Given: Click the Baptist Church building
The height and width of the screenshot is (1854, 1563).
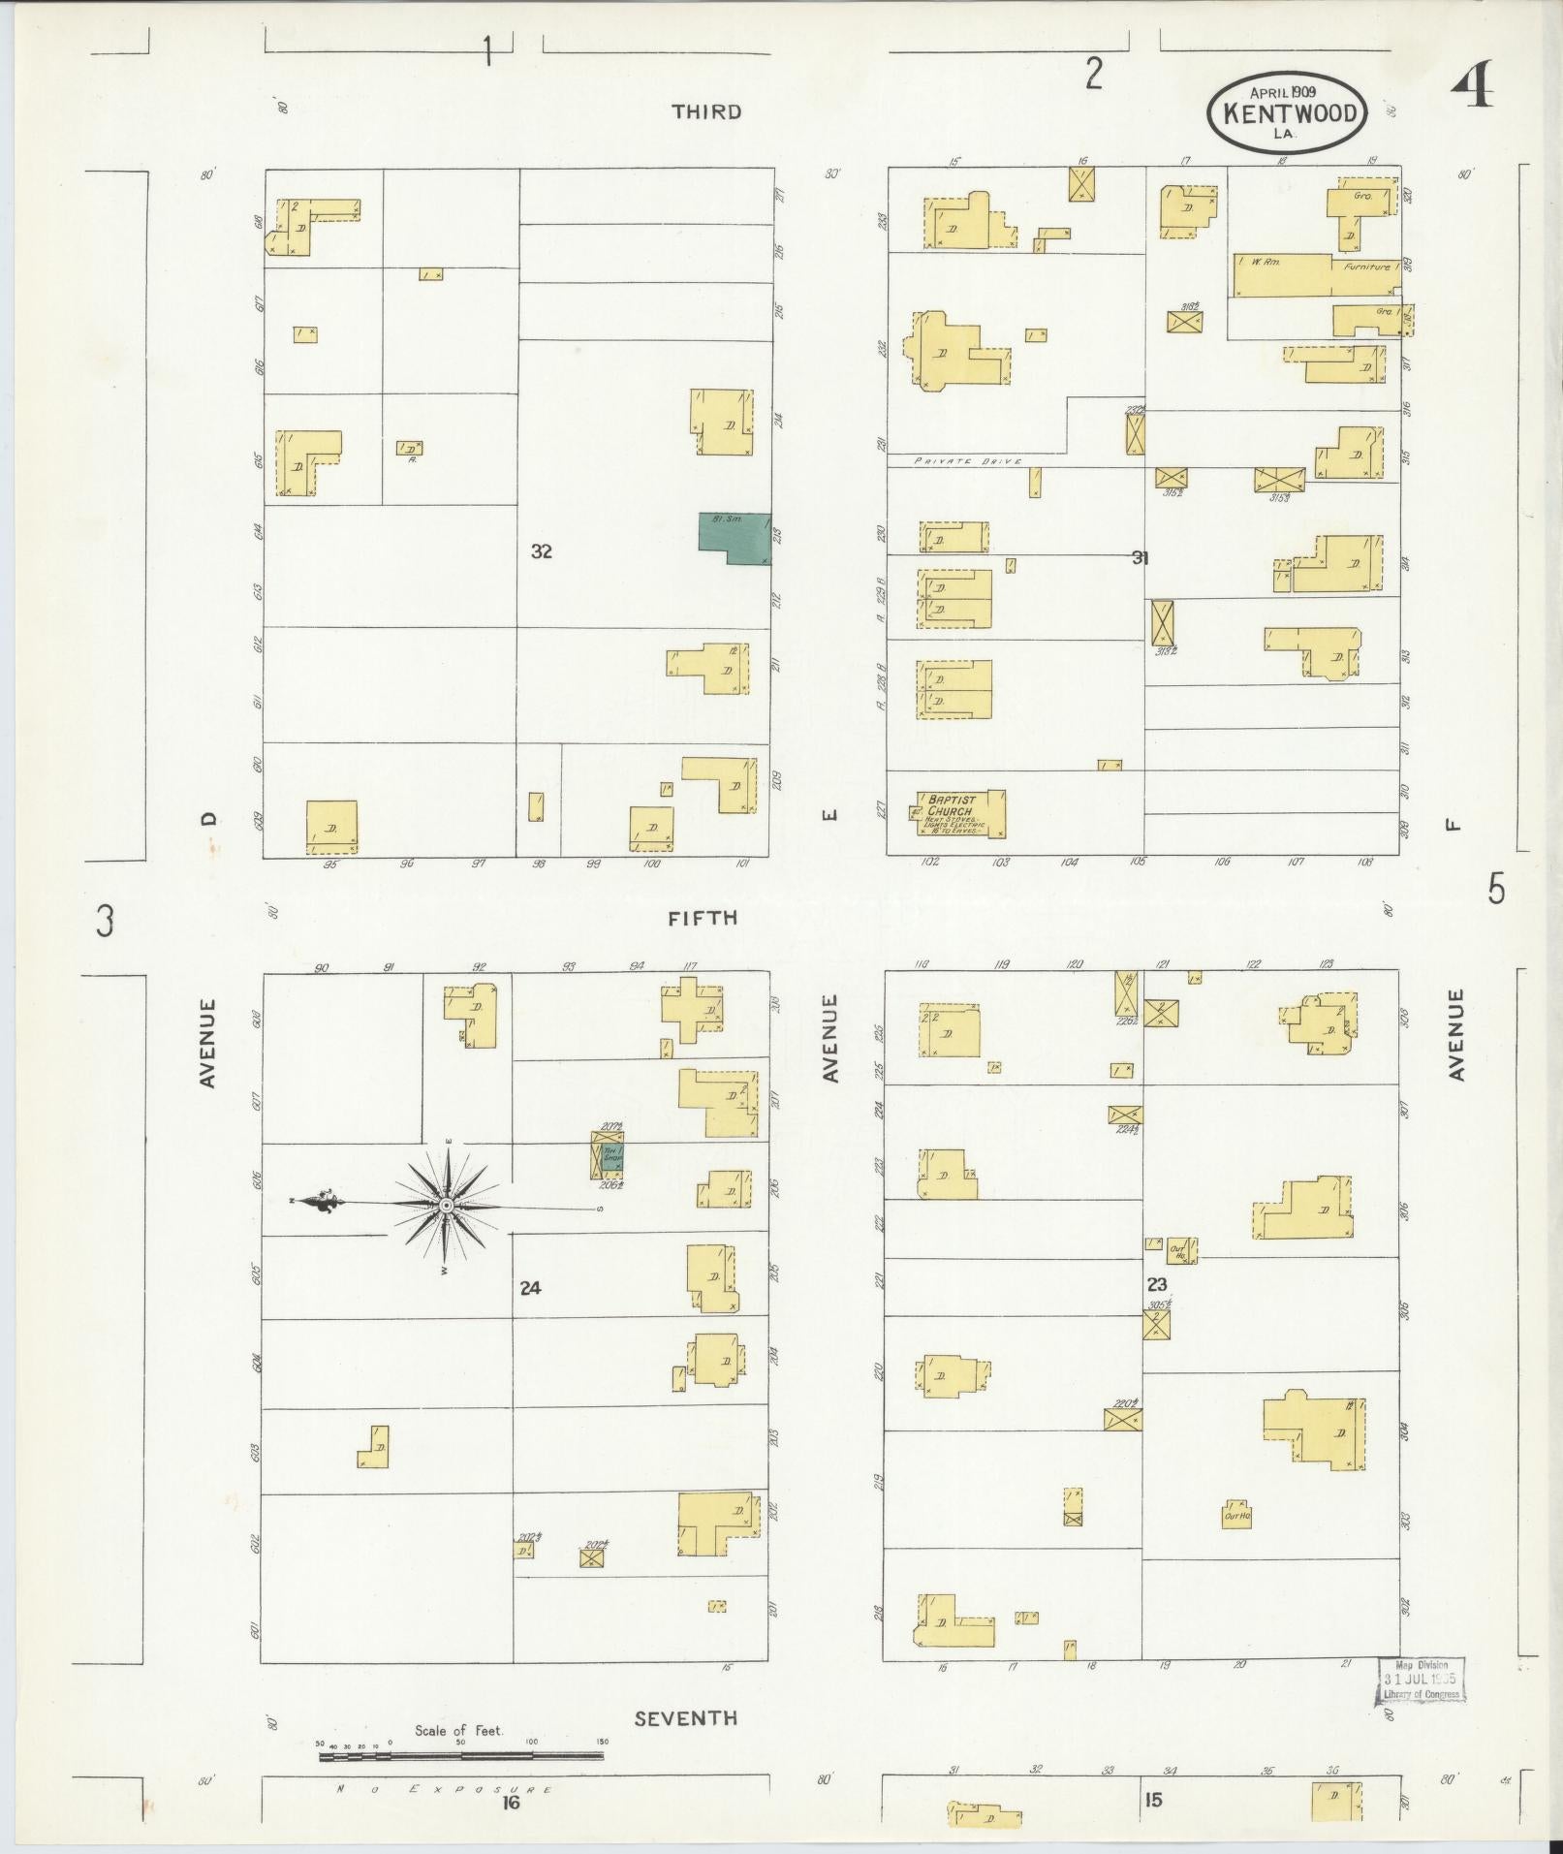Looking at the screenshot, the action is [959, 814].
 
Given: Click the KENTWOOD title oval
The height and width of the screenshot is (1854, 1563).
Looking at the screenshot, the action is [1288, 113].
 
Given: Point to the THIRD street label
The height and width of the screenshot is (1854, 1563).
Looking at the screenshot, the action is [707, 111].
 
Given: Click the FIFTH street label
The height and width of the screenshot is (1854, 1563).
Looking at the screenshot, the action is [703, 917].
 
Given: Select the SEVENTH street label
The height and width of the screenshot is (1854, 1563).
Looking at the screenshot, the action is [686, 1718].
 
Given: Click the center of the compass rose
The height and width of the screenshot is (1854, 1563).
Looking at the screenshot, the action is [447, 1205].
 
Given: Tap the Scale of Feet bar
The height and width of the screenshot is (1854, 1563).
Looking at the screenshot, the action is [461, 1755].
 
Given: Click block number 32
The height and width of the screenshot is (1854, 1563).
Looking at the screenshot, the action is [541, 551].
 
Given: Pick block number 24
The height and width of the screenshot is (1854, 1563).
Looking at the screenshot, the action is [529, 1288].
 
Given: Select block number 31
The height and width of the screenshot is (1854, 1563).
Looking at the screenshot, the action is [1141, 557].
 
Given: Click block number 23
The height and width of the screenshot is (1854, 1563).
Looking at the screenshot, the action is [1157, 1284].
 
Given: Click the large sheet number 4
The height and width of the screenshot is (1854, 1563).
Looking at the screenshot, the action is [1472, 86].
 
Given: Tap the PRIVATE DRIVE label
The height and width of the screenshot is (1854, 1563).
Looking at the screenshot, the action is [969, 461].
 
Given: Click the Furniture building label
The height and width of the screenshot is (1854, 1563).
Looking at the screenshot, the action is [1367, 266].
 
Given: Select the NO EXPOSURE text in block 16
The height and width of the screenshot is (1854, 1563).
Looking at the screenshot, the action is [445, 1789].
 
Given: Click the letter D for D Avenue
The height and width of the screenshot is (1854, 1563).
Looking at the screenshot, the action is [208, 819].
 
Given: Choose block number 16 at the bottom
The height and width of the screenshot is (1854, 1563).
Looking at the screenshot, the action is [511, 1802].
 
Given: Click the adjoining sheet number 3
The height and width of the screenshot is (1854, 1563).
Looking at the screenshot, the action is [105, 920].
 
